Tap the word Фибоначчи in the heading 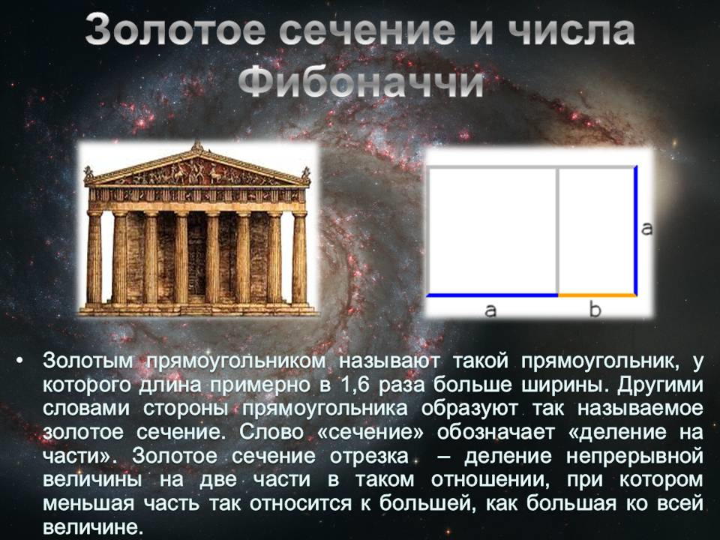click(359, 82)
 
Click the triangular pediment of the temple click(197, 169)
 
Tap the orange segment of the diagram click(597, 295)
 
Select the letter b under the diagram click(595, 310)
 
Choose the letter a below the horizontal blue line click(490, 310)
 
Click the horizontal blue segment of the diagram click(492, 295)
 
